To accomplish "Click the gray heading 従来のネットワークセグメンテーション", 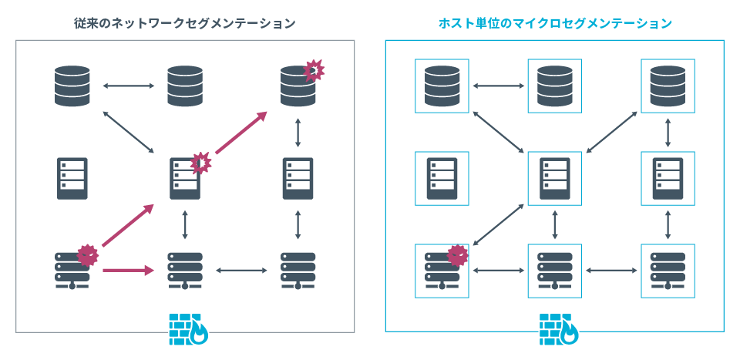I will [180, 23].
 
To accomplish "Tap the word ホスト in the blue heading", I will [454, 23].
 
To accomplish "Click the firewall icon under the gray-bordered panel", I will [186, 328].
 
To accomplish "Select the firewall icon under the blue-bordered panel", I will [556, 328].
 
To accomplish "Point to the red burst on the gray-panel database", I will [314, 70].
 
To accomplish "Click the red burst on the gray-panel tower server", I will [200, 163].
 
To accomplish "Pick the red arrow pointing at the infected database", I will [241, 132].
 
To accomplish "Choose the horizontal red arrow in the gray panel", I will [128, 270].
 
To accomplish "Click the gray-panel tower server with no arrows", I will [72, 179].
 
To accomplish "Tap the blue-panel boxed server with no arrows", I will [442, 179].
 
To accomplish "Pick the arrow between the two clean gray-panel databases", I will [129, 86].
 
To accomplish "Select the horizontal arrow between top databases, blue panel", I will [499, 86].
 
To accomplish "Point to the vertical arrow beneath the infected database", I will [298, 133].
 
